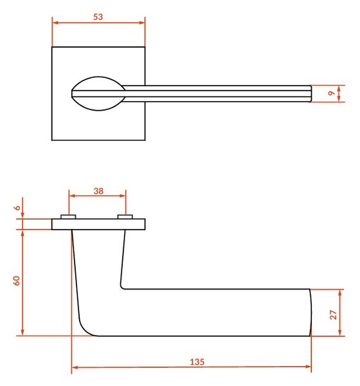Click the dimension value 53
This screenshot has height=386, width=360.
click(98, 17)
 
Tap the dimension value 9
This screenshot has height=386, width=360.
click(332, 93)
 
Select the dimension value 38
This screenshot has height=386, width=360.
click(98, 191)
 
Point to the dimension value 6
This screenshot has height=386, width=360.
click(17, 208)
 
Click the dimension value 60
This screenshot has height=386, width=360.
click(17, 280)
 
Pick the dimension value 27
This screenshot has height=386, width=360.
click(333, 315)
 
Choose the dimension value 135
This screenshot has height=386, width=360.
click(197, 362)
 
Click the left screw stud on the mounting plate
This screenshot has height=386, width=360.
click(68, 217)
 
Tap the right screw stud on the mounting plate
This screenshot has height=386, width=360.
click(125, 217)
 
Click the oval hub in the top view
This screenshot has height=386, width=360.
click(98, 93)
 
